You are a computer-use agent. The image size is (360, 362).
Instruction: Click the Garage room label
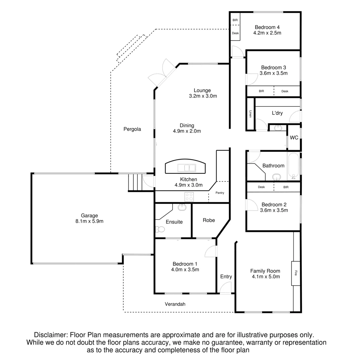89,216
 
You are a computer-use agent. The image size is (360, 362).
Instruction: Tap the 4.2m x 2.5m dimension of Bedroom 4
267,33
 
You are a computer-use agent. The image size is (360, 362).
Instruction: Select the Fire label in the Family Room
296,273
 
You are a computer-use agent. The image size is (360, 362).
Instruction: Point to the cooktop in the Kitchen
189,196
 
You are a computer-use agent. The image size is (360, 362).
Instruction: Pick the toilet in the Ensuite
161,229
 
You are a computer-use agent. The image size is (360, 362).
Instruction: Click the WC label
294,137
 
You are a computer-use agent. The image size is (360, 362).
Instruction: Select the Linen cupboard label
250,114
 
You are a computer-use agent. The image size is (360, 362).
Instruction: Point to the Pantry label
220,193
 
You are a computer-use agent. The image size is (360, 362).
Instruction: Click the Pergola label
132,129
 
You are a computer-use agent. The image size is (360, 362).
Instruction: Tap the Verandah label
175,304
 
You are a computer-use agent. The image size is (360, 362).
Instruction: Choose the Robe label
208,220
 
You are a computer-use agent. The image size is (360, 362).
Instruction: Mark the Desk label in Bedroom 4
235,33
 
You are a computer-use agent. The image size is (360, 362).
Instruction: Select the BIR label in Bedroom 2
286,187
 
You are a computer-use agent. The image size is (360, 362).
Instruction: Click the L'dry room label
277,113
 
